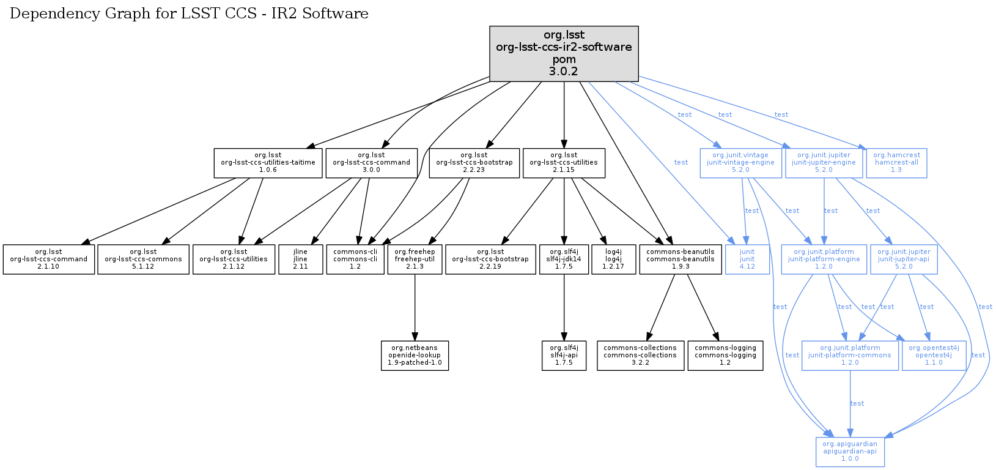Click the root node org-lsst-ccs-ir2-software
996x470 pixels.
564,53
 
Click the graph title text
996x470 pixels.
189,13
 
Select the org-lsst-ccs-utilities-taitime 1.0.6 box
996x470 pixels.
268,163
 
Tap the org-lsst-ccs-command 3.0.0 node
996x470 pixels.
371,163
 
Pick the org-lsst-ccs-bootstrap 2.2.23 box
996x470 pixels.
474,163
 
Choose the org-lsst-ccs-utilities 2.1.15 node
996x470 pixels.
564,163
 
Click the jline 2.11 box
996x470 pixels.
300,259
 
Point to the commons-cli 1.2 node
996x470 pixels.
355,259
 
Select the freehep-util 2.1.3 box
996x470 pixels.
415,259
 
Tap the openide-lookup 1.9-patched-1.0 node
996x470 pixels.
415,356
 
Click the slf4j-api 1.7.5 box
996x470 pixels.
564,356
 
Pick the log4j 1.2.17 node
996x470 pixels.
613,259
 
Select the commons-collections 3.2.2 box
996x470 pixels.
640,356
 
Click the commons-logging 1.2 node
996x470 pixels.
725,356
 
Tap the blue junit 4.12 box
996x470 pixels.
747,259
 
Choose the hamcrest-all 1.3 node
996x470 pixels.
896,163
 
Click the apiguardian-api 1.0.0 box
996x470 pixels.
850,452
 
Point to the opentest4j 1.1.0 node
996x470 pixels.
934,356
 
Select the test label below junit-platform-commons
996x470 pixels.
857,403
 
